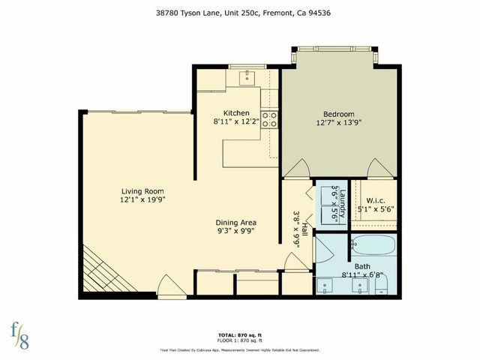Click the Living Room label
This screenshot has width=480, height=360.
click(x=142, y=190)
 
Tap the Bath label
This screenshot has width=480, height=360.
click(x=362, y=266)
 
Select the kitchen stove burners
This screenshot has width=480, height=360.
click(x=270, y=118)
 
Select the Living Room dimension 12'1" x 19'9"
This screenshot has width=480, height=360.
click(x=142, y=200)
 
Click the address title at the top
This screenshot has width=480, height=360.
click(x=240, y=13)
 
